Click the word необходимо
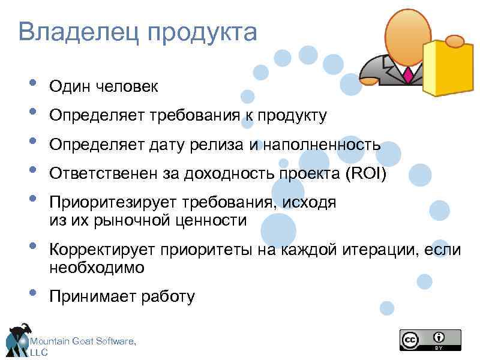tap(97, 268)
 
